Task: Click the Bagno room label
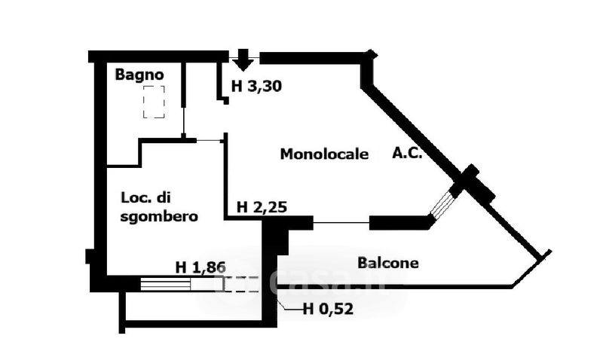[139, 75]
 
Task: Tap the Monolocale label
[324, 154]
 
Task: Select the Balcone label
[388, 264]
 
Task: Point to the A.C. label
[407, 153]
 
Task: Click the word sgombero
[159, 216]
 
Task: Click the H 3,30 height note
[256, 86]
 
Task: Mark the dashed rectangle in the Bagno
[154, 101]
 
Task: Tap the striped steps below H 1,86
[166, 284]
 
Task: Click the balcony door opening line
[341, 222]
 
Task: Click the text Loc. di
[146, 198]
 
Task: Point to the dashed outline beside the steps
[240, 284]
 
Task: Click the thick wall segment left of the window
[398, 222]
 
